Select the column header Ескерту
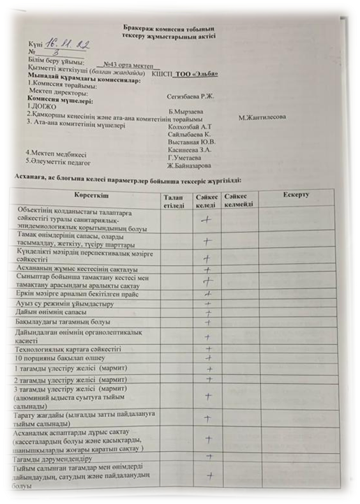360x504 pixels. point(297,193)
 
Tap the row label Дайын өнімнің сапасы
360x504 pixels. point(54,313)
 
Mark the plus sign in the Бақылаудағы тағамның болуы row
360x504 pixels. point(207,324)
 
